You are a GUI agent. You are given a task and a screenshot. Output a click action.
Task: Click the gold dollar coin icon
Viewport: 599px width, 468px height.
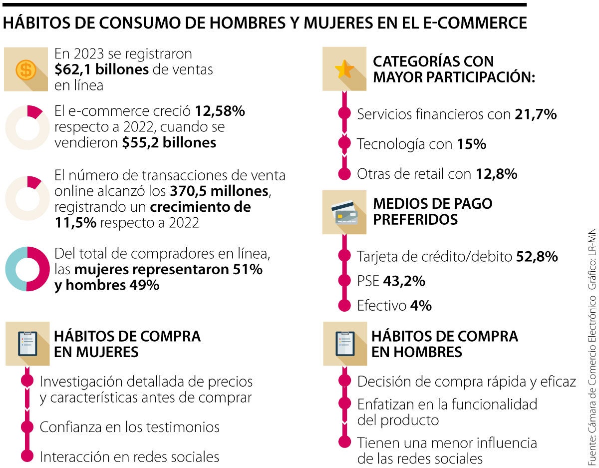click(x=25, y=69)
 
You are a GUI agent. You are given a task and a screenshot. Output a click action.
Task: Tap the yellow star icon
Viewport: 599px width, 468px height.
click(x=344, y=69)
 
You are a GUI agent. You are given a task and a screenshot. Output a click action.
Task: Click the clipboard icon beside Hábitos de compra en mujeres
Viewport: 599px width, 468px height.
click(x=27, y=344)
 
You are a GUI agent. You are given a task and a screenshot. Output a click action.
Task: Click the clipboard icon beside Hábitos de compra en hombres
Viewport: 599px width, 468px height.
click(x=345, y=344)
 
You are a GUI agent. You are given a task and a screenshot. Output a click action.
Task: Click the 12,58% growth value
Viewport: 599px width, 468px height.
click(x=220, y=111)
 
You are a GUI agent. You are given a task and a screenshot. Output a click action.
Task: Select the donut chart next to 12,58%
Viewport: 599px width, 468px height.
click(x=27, y=128)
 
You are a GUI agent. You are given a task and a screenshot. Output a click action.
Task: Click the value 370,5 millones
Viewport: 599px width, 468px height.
click(x=219, y=191)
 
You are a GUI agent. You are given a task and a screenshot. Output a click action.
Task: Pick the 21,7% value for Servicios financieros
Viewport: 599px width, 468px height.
click(x=535, y=114)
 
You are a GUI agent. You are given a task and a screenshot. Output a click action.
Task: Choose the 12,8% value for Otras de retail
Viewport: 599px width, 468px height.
click(x=496, y=174)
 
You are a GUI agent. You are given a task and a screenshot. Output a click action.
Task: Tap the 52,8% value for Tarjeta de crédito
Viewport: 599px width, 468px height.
click(x=536, y=257)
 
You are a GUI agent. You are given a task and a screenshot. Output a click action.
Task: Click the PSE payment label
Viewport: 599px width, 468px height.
click(x=368, y=281)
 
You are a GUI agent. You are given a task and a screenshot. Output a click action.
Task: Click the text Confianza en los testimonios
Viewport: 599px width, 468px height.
click(x=129, y=427)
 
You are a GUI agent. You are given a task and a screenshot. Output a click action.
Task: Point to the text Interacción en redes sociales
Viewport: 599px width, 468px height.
click(x=129, y=457)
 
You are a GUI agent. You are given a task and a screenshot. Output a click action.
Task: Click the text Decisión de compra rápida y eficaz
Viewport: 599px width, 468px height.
click(x=466, y=382)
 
